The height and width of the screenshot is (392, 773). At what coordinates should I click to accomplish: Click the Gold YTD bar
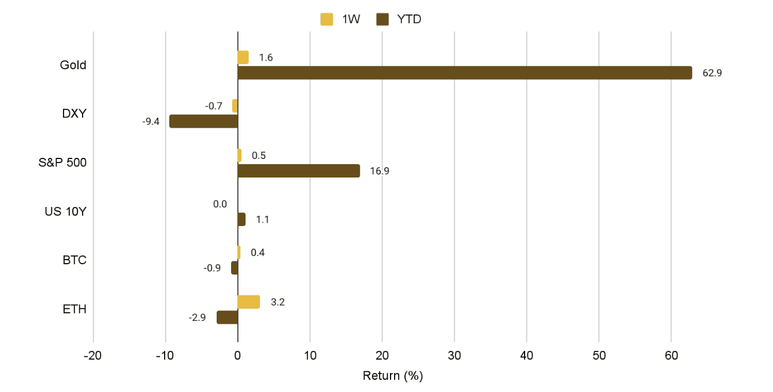[x=464, y=73]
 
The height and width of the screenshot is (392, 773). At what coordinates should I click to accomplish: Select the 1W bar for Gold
[x=243, y=57]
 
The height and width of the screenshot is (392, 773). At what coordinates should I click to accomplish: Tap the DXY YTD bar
[x=203, y=121]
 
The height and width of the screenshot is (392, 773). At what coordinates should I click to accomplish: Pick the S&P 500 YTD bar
[x=299, y=171]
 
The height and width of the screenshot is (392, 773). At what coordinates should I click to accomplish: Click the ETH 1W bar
[x=248, y=302]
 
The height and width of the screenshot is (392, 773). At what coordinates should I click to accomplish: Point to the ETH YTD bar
[x=227, y=317]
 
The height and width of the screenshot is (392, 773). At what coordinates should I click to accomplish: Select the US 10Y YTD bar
[x=241, y=220]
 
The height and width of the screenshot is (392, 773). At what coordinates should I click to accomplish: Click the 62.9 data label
[x=712, y=73]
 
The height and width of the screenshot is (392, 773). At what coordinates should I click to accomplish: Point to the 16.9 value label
[x=380, y=171]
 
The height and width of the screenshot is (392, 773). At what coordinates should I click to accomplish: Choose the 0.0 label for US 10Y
[x=220, y=204]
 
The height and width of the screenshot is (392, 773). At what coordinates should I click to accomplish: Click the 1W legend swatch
[x=326, y=20]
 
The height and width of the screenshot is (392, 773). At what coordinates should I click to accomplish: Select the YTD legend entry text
[x=409, y=20]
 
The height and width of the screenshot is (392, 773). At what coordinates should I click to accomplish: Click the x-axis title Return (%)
[x=393, y=376]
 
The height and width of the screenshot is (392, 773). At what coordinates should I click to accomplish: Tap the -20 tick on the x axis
[x=92, y=354]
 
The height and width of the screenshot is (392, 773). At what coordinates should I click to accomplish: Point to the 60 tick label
[x=671, y=354]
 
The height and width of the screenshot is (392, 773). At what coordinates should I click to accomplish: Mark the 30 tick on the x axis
[x=454, y=354]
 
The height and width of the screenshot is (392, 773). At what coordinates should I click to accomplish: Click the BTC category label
[x=75, y=260]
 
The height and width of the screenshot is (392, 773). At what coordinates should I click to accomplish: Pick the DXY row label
[x=75, y=113]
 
